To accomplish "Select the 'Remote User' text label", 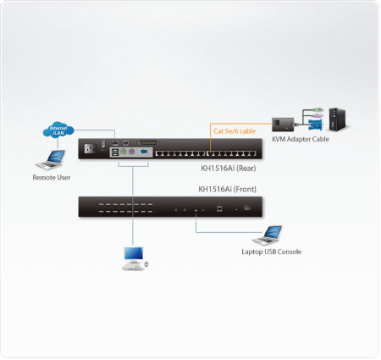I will click(x=52, y=178).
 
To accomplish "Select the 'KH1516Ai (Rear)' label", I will click(x=218, y=169).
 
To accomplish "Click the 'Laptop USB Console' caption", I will click(x=271, y=252).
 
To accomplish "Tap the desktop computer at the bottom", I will click(x=134, y=258).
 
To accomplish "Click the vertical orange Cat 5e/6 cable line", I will click(x=209, y=141).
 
